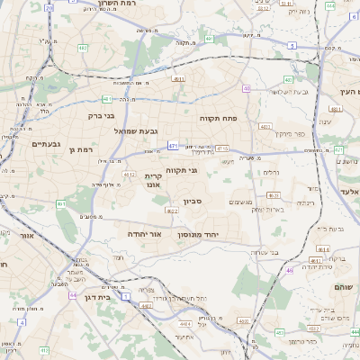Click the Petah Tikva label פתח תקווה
[218, 117]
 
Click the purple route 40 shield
[247, 88]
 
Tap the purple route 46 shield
[290, 270]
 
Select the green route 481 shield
[107, 99]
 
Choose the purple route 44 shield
[72, 294]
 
